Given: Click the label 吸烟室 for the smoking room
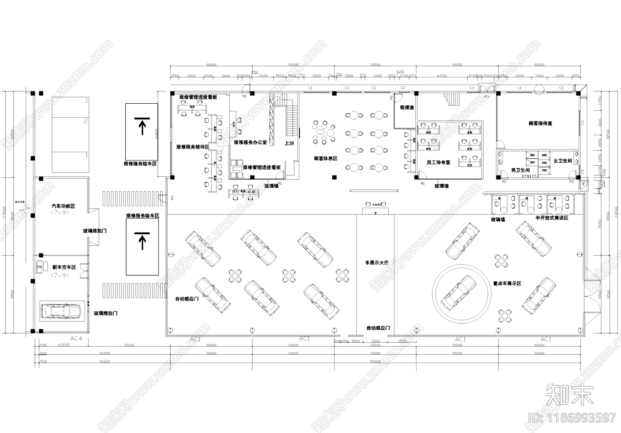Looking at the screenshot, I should point(407,107).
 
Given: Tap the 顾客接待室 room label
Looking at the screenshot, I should point(540,123).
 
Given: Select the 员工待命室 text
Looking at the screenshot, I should point(438,162).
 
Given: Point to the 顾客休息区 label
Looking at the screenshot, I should point(325,158).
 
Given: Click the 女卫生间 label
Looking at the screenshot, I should point(562,161).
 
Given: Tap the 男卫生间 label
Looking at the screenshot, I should point(520,170).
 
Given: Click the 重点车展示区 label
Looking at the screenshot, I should point(507,283).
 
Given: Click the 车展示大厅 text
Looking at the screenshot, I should point(376,263).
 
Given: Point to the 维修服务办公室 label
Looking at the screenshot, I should point(250,143).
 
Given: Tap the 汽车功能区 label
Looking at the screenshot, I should point(63,206).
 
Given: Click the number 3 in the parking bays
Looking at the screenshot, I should point(86,101).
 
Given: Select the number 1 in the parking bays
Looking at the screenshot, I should point(86,155).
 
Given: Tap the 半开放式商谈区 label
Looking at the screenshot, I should point(552,218).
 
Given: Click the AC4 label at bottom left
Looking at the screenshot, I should point(76,339).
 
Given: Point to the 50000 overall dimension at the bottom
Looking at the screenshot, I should point(375,362).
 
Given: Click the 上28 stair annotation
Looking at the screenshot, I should point(289,143).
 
